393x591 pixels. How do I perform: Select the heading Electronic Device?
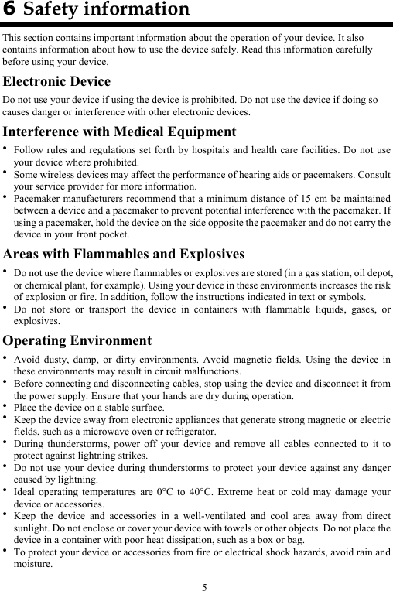pyautogui.click(x=56, y=82)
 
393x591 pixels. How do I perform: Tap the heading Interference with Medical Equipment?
pyautogui.click(x=119, y=132)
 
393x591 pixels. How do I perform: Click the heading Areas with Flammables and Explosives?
pyautogui.click(x=124, y=254)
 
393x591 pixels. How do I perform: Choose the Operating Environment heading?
pyautogui.click(x=77, y=341)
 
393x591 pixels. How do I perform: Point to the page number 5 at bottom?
pyautogui.click(x=204, y=585)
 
